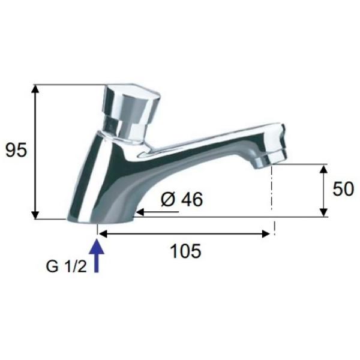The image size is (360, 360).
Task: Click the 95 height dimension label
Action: pos(16,150)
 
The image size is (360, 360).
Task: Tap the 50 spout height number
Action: pos(343,189)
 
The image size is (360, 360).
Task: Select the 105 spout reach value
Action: pos(186,251)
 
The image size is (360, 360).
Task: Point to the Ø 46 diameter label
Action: pos(182,199)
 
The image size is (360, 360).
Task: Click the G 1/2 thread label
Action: pos(67,266)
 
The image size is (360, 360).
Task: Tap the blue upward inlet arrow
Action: pos(97,256)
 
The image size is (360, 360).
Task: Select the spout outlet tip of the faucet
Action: pos(271,156)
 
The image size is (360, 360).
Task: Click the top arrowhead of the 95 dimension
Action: pos(35,89)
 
